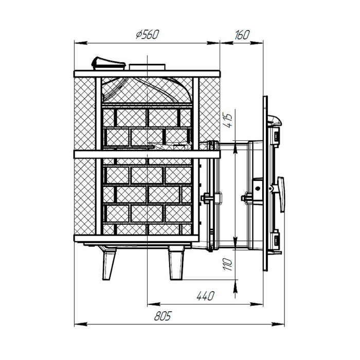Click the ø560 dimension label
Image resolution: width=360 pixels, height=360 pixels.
(x=147, y=34)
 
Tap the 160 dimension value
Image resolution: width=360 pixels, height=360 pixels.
(x=242, y=35)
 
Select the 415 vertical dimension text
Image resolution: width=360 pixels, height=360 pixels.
(x=228, y=120)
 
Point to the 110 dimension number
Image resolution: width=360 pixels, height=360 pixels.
(x=228, y=264)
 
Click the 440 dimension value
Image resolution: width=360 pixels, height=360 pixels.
(x=206, y=296)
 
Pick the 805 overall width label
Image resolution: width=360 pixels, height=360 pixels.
(x=163, y=316)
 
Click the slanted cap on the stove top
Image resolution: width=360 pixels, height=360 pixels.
(x=108, y=63)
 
